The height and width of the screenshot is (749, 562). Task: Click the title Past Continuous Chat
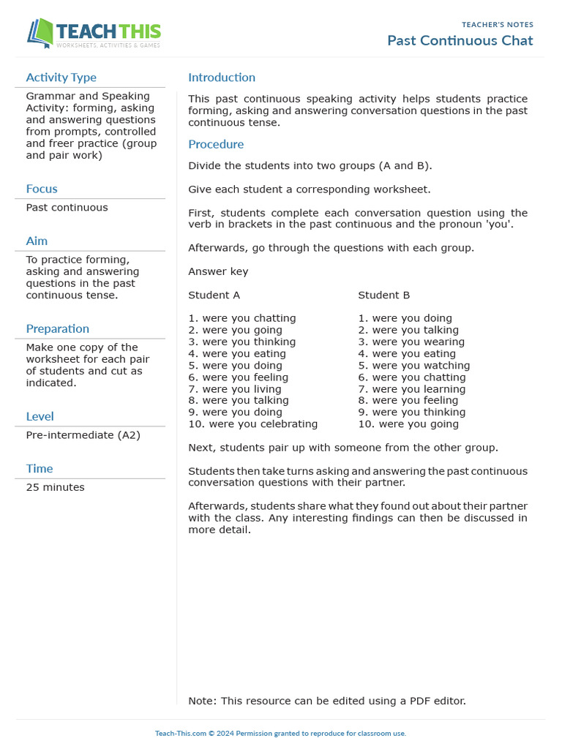(460, 40)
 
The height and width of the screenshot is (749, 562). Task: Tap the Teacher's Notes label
(498, 24)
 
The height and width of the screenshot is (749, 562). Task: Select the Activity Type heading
(61, 78)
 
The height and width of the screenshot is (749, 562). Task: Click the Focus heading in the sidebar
(42, 189)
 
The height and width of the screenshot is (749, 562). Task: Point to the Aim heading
(37, 241)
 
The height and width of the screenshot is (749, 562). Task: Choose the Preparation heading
(57, 328)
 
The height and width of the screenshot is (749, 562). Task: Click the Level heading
(40, 416)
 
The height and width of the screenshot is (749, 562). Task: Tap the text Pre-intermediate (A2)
(83, 435)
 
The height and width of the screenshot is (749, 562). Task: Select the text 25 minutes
(55, 487)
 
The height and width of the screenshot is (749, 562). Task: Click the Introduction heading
(222, 78)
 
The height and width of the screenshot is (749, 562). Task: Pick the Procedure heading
(216, 144)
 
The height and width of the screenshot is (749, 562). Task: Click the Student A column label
(214, 295)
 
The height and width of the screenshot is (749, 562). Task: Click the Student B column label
(383, 295)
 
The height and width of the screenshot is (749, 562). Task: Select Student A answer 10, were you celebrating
(252, 424)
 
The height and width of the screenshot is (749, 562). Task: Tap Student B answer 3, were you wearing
(411, 342)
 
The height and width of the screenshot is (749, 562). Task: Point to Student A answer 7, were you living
(234, 389)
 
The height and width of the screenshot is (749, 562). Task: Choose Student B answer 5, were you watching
(414, 365)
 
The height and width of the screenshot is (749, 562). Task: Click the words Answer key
(218, 271)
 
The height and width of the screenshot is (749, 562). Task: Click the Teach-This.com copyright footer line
(280, 733)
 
